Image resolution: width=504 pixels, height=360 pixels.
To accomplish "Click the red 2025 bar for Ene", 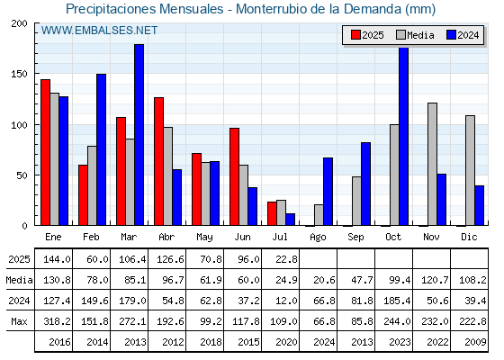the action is point(45,152).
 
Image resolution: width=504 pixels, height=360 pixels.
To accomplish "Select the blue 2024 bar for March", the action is point(139,135).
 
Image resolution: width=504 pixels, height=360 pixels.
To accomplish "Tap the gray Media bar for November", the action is point(432,164).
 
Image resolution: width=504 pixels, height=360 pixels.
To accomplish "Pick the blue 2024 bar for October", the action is point(404,136).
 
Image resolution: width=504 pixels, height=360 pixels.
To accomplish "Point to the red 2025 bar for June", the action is point(234,176).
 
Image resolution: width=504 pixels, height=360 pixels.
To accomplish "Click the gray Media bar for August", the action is point(319,215).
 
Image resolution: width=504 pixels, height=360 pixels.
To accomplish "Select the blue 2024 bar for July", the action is point(290,220).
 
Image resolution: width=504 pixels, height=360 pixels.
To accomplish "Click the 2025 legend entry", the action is point(367,35).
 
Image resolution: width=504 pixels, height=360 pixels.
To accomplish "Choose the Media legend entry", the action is point(415,35).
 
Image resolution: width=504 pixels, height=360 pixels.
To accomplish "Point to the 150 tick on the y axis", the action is point(19,74).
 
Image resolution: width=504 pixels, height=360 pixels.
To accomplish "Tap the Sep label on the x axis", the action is point(355,238).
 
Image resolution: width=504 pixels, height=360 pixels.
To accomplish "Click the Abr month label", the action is point(166,237).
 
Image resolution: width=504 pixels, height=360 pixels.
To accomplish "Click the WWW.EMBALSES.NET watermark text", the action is point(99,31).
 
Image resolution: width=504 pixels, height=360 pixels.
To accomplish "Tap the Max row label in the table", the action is point(19,321).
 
